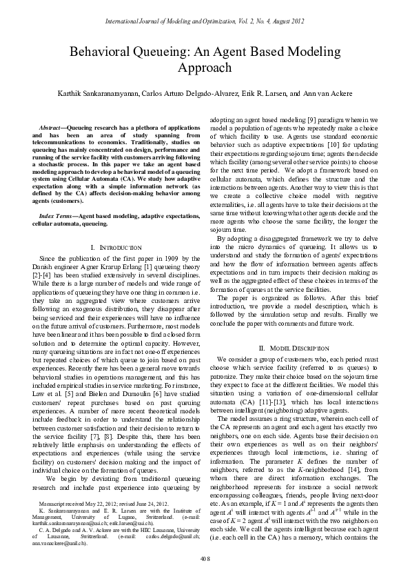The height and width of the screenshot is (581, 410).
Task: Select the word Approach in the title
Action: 205,68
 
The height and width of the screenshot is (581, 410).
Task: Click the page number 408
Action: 205,557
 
